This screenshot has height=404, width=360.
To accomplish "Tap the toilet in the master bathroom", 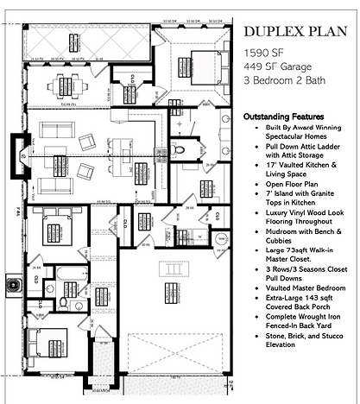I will pyautogui.click(x=179, y=150).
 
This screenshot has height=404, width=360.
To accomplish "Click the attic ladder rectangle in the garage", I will pyautogui.click(x=176, y=278).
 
